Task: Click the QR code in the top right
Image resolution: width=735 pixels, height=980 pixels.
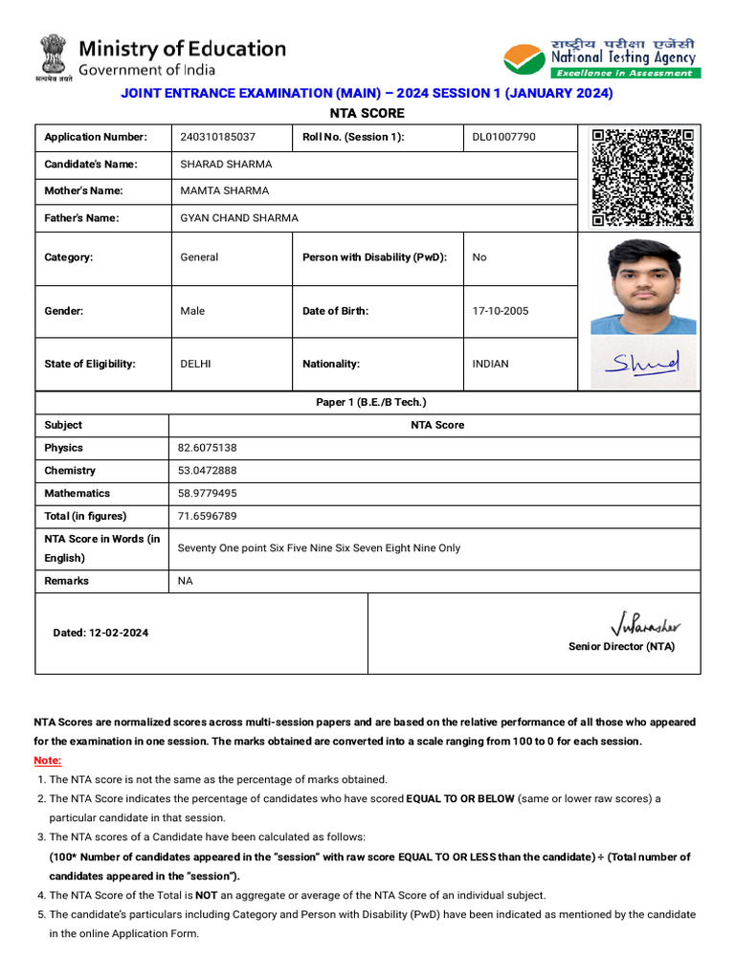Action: click(x=642, y=177)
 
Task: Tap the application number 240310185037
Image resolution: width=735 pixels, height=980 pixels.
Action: click(x=218, y=137)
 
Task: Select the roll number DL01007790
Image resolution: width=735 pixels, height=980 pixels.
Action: click(x=504, y=137)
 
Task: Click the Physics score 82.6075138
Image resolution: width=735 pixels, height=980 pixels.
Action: click(x=208, y=448)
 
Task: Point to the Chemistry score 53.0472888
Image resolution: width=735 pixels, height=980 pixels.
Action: click(x=208, y=471)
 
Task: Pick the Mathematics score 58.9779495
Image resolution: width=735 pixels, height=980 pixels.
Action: click(x=208, y=494)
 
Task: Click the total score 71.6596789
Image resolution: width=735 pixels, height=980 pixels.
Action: click(x=208, y=517)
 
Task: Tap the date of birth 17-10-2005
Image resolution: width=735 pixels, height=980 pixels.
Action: click(x=501, y=311)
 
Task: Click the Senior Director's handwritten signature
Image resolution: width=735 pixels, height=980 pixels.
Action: click(x=645, y=626)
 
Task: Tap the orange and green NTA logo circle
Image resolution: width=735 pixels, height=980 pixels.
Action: click(x=523, y=59)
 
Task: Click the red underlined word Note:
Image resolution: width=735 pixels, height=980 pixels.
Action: click(x=48, y=761)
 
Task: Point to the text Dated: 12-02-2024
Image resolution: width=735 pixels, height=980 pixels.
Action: click(x=100, y=633)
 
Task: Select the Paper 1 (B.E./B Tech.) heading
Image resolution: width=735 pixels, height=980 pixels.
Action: click(x=371, y=402)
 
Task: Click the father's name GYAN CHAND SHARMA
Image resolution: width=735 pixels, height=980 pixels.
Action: click(x=239, y=218)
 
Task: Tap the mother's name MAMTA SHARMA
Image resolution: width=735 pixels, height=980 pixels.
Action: click(x=225, y=190)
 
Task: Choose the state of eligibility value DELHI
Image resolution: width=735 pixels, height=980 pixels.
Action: click(x=196, y=364)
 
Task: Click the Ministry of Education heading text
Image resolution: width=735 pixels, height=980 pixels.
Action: click(x=182, y=49)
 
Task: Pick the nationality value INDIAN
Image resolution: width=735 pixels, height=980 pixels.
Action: click(x=491, y=364)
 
